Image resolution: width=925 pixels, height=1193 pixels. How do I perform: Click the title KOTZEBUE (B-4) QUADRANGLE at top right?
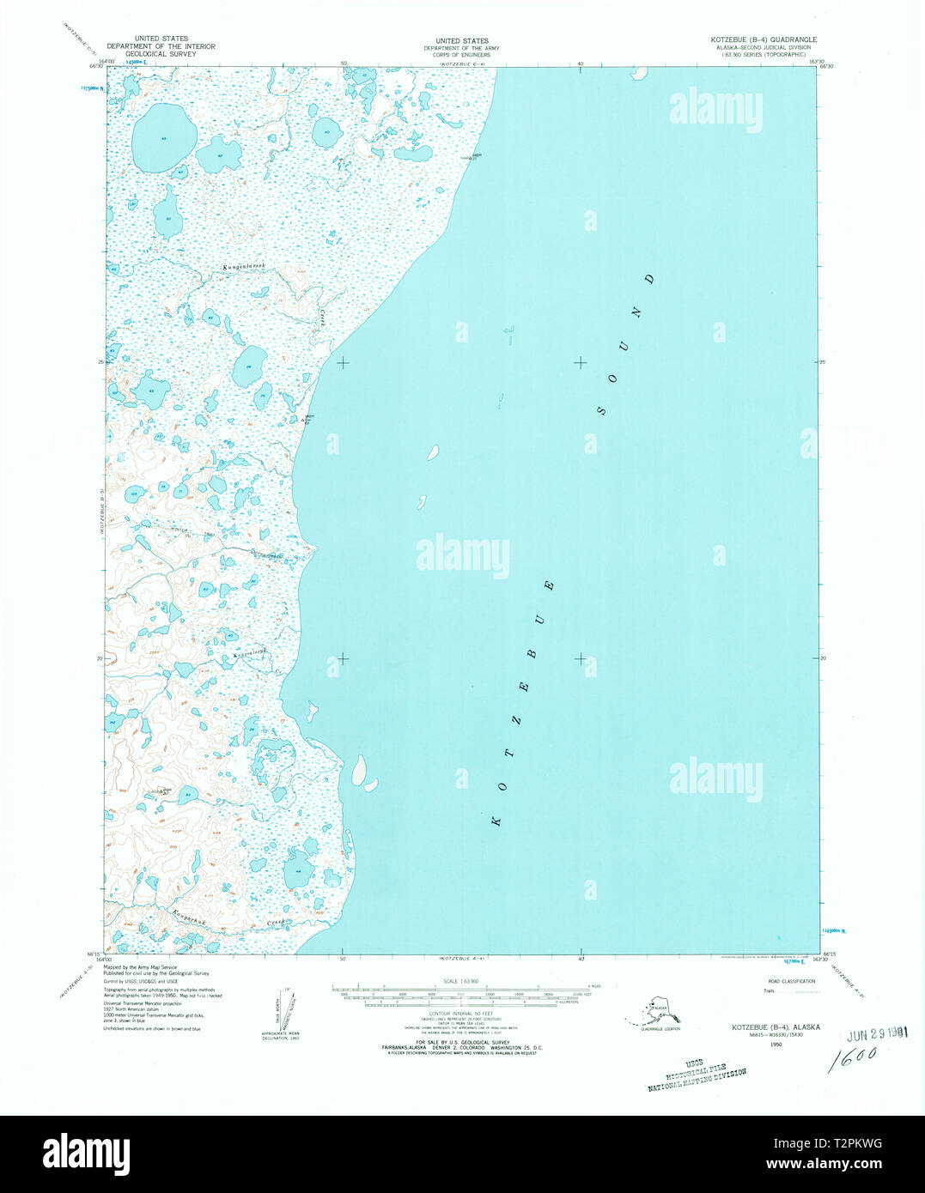point(764,40)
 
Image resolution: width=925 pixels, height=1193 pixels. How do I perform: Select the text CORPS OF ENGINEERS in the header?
point(462,54)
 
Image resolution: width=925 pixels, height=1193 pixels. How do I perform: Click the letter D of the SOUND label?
point(650,279)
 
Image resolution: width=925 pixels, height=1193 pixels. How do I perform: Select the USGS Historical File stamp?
point(697,1074)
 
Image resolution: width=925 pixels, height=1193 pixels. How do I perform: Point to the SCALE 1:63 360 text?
point(461,982)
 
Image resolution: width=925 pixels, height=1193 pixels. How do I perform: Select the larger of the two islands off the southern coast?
point(358,770)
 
